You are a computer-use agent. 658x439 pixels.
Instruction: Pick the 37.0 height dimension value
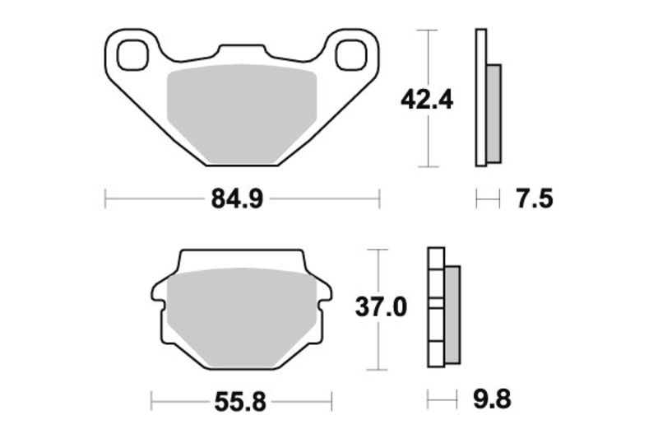(380, 308)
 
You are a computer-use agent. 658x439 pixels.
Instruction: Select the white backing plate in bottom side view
(435, 309)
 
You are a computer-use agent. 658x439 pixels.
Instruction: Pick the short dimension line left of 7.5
(488, 199)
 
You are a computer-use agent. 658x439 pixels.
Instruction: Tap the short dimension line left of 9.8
(443, 401)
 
